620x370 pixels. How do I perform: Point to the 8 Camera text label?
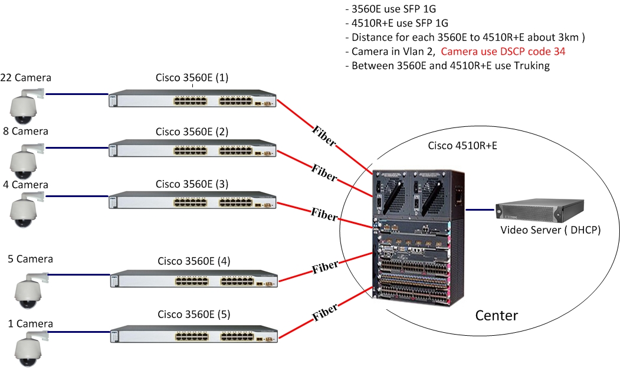(x=25, y=131)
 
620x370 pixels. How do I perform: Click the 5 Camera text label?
(x=30, y=259)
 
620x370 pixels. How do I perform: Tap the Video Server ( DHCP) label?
(x=550, y=230)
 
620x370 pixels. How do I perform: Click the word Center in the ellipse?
(x=496, y=316)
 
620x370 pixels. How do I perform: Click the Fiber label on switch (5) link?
(x=324, y=312)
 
